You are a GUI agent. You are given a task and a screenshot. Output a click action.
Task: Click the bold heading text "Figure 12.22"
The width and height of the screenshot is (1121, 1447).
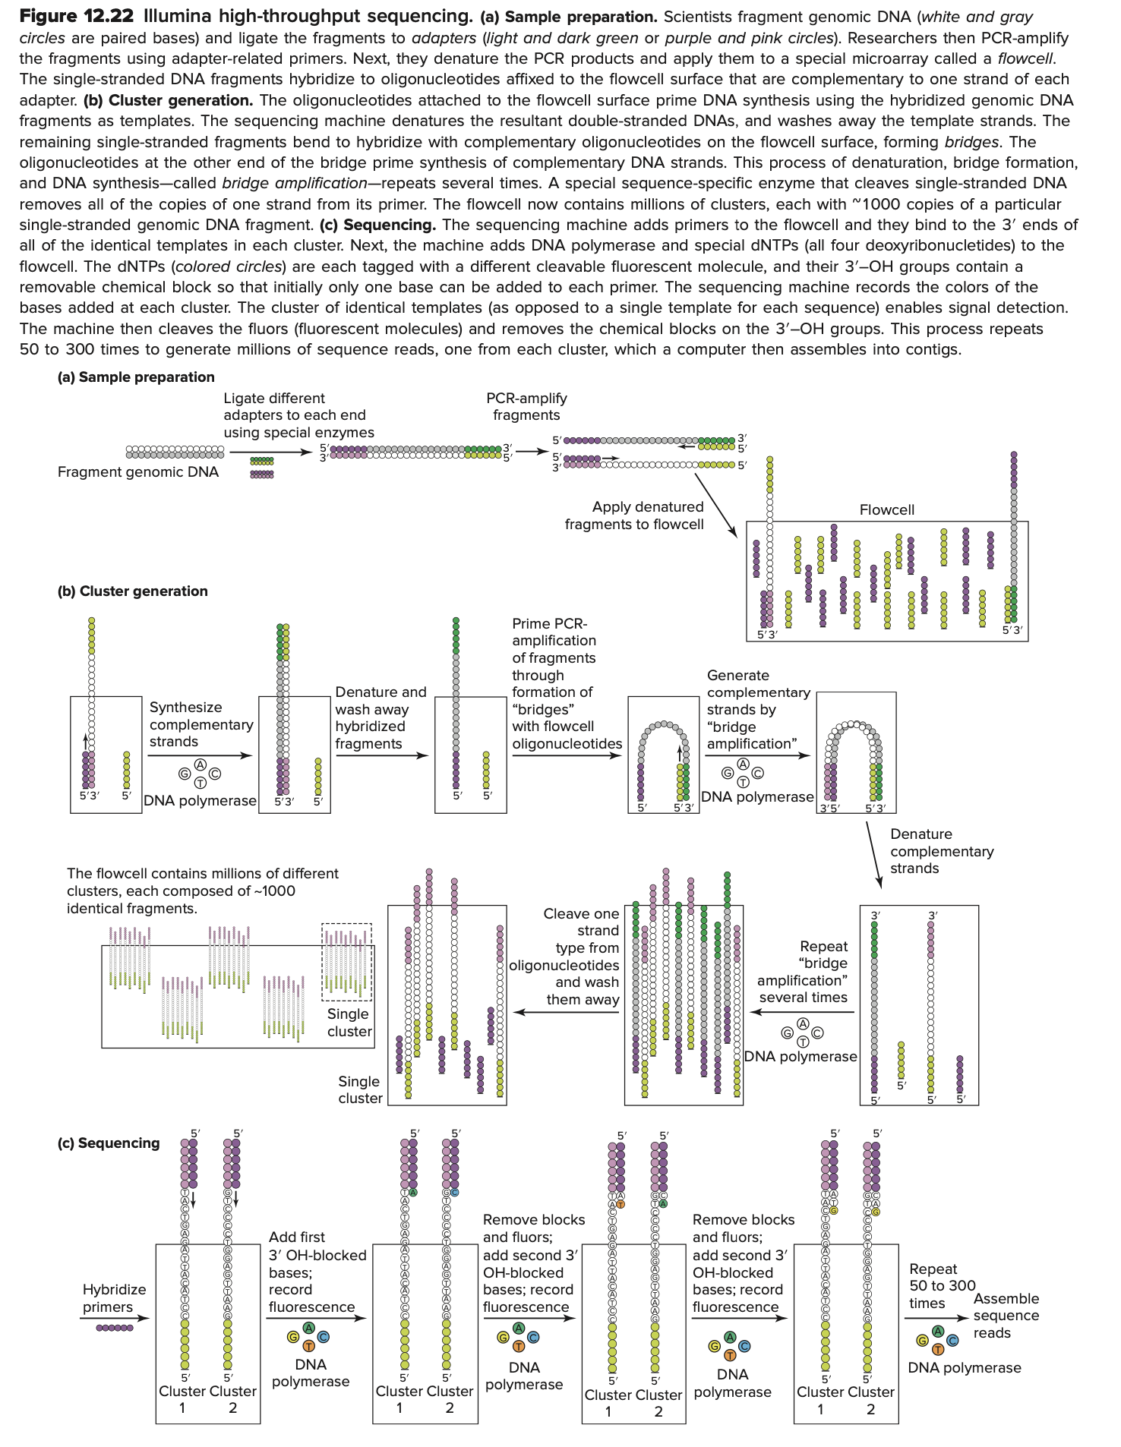(77, 16)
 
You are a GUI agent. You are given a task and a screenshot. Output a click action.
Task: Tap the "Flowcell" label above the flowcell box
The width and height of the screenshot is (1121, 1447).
(886, 510)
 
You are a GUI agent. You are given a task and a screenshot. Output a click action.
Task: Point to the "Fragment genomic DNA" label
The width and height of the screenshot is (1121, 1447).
(138, 472)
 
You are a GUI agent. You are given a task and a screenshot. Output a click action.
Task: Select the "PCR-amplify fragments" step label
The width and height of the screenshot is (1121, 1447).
(526, 407)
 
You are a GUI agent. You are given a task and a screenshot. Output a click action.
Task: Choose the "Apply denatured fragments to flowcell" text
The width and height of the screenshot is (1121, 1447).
(634, 515)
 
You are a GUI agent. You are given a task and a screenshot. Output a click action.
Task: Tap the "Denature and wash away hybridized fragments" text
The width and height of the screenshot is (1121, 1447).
(381, 717)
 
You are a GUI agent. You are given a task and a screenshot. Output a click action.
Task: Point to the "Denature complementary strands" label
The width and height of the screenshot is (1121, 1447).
(941, 851)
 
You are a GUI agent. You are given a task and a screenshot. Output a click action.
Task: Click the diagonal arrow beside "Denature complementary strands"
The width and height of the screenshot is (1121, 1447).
(873, 854)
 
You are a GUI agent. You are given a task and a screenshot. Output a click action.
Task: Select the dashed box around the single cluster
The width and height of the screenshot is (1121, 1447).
(347, 962)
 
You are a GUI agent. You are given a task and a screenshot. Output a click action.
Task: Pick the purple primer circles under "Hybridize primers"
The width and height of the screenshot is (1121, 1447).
(115, 1328)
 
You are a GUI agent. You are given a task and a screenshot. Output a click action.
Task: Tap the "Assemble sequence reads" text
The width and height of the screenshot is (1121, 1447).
(1006, 1316)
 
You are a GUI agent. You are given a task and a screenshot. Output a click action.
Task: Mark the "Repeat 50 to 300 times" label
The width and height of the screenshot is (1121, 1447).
(942, 1286)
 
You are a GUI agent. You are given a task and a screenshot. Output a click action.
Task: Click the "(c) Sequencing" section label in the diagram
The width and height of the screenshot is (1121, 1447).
(109, 1143)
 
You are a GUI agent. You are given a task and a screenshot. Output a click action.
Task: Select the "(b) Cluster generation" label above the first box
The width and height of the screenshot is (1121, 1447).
(133, 591)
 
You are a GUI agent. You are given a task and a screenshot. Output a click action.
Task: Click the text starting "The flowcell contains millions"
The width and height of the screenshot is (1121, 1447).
(203, 891)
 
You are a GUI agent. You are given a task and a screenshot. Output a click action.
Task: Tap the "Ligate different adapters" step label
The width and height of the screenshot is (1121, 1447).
(298, 415)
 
